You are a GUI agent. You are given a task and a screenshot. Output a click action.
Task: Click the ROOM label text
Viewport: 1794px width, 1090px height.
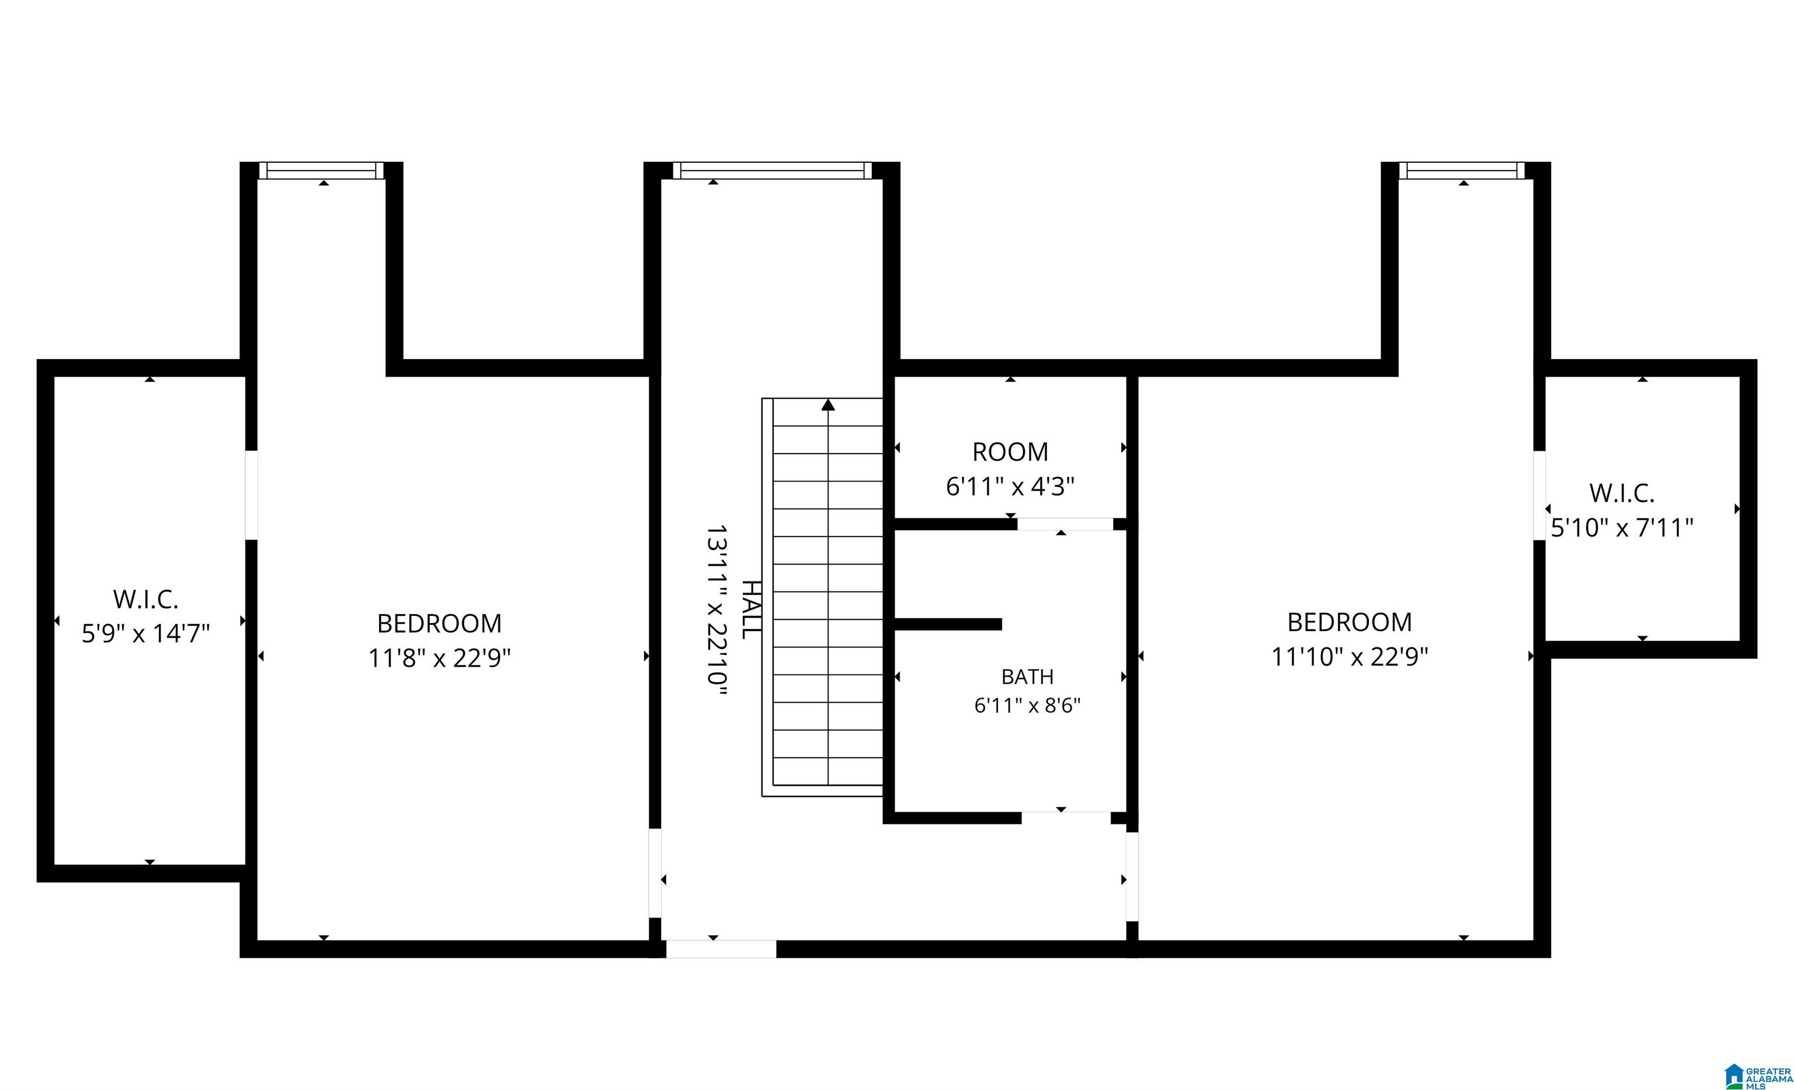point(1010,452)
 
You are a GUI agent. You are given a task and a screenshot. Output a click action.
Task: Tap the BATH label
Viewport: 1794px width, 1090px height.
point(1027,677)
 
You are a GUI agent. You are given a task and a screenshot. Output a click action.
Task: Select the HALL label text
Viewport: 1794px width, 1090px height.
point(752,610)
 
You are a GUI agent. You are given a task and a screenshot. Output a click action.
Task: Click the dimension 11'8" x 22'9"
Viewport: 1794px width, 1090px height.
point(439,658)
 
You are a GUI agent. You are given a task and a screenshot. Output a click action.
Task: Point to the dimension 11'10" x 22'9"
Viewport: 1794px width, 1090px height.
point(1349,657)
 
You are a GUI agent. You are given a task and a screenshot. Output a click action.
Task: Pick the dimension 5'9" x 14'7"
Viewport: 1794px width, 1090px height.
point(145,633)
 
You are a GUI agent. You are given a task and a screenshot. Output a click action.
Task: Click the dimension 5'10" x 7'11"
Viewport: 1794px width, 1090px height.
point(1622,527)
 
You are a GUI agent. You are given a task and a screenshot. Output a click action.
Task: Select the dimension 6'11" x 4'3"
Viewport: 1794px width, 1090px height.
point(1010,486)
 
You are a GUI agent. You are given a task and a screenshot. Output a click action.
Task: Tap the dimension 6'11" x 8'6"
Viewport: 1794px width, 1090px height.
point(1027,705)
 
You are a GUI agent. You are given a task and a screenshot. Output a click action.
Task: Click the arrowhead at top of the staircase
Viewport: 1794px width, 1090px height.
point(828,405)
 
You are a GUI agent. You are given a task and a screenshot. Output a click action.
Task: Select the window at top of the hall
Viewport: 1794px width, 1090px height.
point(772,170)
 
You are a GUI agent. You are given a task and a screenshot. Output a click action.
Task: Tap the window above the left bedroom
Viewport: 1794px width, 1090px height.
point(321,170)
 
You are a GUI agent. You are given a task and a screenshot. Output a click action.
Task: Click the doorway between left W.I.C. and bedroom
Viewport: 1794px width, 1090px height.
point(251,495)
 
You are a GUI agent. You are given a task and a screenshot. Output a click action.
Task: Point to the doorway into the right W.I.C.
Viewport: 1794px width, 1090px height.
point(1539,495)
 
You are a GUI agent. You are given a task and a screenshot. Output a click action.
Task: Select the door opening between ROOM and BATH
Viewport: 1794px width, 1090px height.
point(1065,524)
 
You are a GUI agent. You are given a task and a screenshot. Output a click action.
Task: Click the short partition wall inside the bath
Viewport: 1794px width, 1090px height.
point(948,624)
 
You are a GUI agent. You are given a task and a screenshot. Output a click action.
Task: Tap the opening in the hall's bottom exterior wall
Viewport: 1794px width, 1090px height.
point(721,949)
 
